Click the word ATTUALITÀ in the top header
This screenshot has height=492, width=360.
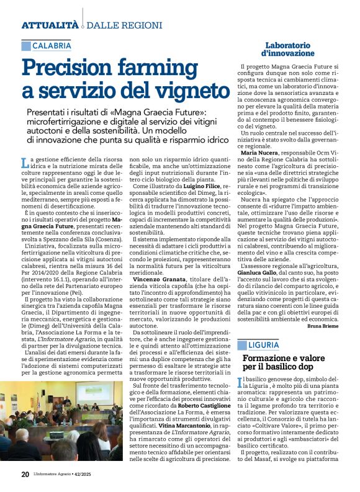point(50,25)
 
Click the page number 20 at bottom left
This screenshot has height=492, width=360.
point(25,474)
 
